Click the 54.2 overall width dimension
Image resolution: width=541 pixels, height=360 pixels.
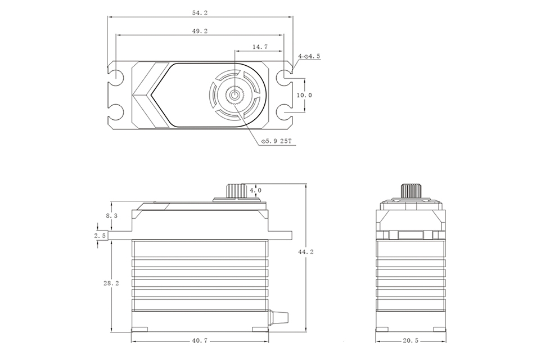200,12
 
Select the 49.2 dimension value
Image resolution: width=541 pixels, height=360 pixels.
200,31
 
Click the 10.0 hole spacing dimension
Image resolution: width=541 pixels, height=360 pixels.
304,95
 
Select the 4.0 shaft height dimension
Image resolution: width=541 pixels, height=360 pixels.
255,191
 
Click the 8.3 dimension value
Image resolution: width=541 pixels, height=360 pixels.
111,215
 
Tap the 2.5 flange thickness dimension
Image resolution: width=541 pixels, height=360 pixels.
101,236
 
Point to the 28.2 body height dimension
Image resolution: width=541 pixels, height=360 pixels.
111,284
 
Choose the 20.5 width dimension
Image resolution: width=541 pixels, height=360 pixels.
410,340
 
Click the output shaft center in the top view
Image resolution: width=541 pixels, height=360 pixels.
233,96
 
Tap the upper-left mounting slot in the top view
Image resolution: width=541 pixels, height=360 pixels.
116,76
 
